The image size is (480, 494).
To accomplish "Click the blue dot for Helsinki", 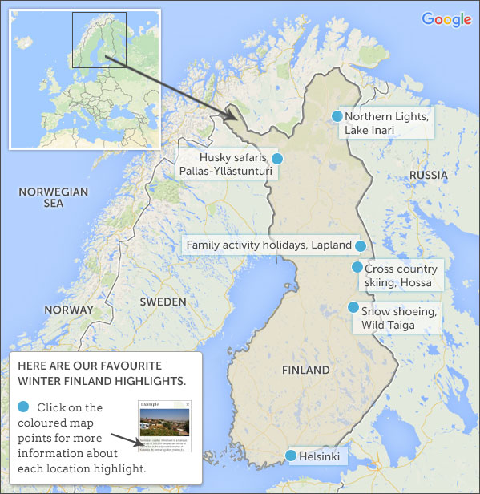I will pos(290,456).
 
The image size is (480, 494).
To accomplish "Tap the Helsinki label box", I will pos(320,457).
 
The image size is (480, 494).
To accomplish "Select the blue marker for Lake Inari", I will pos(337,116).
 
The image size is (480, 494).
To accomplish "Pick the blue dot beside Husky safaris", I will pos(276,158).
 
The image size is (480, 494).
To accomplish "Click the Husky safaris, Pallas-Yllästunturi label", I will pos(224,164).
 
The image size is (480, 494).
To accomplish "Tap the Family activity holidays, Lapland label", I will pos(268,245).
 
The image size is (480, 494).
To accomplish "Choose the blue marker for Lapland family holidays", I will pos(361,245).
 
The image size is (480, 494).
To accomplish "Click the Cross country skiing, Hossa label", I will pos(401,276).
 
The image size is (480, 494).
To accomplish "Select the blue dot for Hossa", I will pos(357,268).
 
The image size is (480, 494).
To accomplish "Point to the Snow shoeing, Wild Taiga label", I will pos(399,318).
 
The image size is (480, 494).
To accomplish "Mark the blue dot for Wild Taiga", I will pos(353,307).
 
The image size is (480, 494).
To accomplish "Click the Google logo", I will pos(446,20).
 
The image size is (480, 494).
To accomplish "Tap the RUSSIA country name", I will pos(428,175).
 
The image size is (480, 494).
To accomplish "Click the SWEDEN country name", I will pos(162,302).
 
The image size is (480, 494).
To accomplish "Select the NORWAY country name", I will pos(69,310).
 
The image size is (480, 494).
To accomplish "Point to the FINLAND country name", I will pos(305,370).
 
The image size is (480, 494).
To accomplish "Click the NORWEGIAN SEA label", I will pos(53,197).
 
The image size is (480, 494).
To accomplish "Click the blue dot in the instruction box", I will pos(23,407).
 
